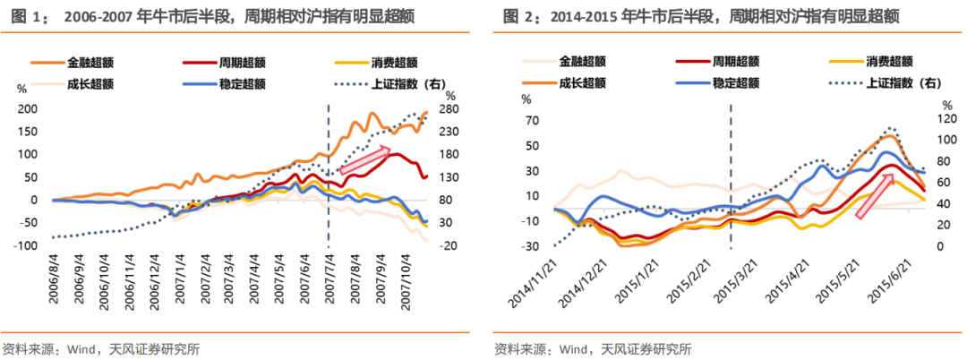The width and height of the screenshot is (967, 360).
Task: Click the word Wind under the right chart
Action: click(573, 348)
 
